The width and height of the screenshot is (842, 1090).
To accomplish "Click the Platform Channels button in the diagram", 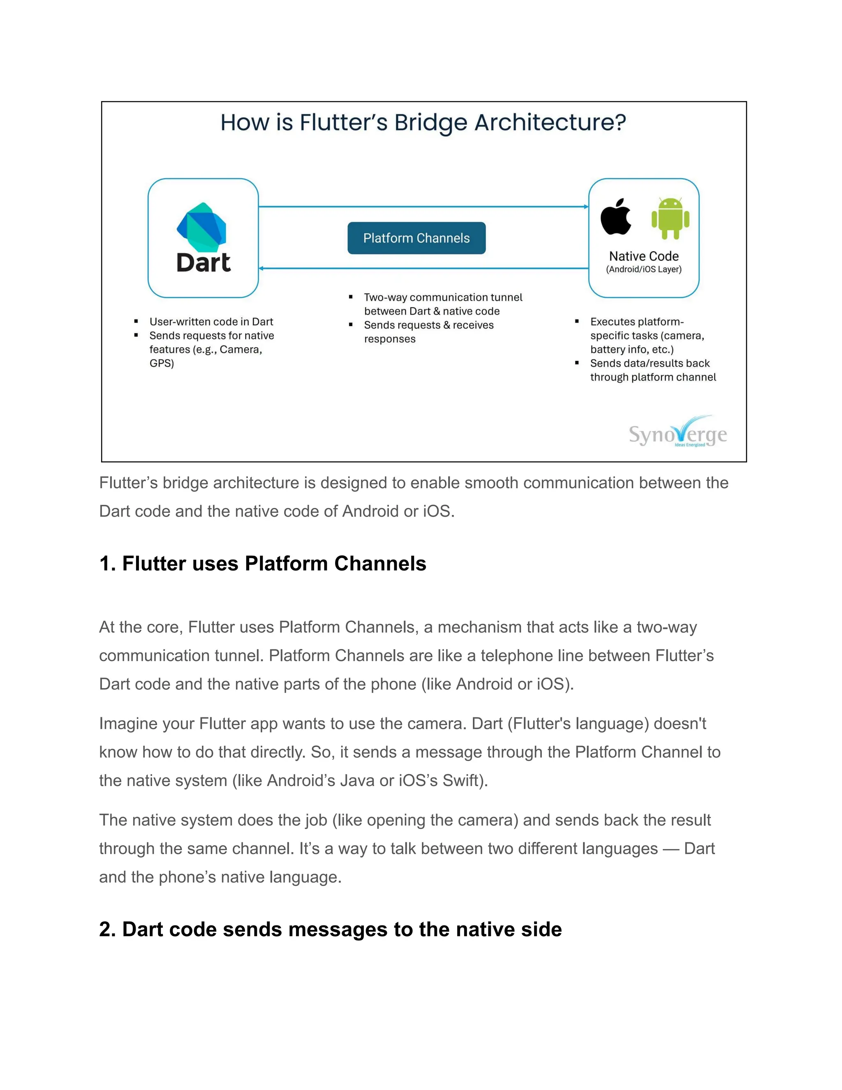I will (416, 238).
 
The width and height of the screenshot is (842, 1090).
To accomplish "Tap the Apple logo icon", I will (616, 217).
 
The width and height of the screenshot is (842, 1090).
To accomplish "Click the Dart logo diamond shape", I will (202, 227).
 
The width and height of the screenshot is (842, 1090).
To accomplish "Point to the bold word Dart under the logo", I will (204, 262).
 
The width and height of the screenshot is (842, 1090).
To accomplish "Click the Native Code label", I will (643, 256).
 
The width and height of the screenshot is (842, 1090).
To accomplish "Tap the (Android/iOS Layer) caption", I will (643, 269).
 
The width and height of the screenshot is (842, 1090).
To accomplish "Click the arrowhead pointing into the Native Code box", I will (586, 206).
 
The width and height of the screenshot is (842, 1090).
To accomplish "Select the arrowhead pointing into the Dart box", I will (261, 269).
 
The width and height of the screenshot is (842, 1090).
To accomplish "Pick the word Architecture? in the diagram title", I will (550, 123).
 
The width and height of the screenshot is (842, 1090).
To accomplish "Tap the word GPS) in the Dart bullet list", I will (162, 363).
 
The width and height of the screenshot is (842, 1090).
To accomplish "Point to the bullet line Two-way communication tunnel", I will (443, 297).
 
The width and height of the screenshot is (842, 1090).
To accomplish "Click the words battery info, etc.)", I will (631, 349).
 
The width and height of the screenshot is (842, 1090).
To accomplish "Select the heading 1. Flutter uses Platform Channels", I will (262, 564).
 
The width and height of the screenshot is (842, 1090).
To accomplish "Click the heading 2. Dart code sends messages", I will (330, 929).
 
